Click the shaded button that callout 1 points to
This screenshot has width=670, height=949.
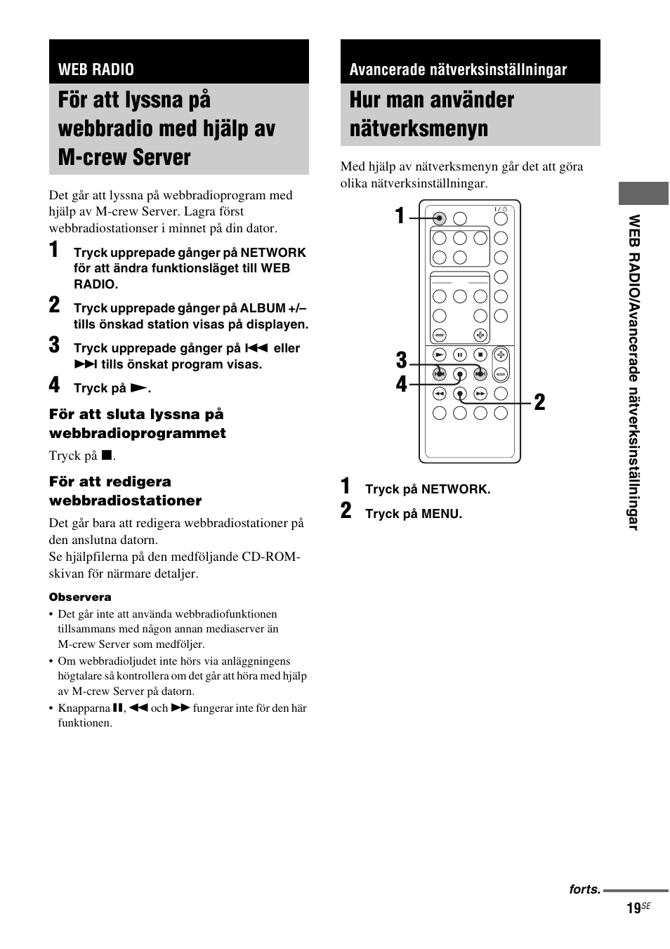pyautogui.click(x=439, y=218)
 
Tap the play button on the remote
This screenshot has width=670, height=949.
pyautogui.click(x=439, y=355)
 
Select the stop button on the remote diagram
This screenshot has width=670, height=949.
pyautogui.click(x=480, y=355)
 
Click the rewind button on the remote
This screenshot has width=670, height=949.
pyautogui.click(x=439, y=394)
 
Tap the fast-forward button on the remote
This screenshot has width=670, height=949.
pyautogui.click(x=480, y=394)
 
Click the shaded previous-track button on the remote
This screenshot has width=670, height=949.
pyautogui.click(x=439, y=373)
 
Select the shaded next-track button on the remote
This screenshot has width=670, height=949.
pyautogui.click(x=480, y=373)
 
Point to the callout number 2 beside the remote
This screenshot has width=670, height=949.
pyautogui.click(x=539, y=402)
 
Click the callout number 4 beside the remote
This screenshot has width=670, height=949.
pyautogui.click(x=401, y=385)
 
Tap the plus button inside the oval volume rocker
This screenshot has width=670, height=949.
pyautogui.click(x=501, y=355)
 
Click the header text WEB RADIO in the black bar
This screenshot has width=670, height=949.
pyautogui.click(x=96, y=69)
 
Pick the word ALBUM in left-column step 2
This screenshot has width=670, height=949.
pyautogui.click(x=262, y=308)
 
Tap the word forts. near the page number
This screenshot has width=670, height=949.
pyautogui.click(x=584, y=889)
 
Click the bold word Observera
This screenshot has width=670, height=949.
pyautogui.click(x=80, y=597)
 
